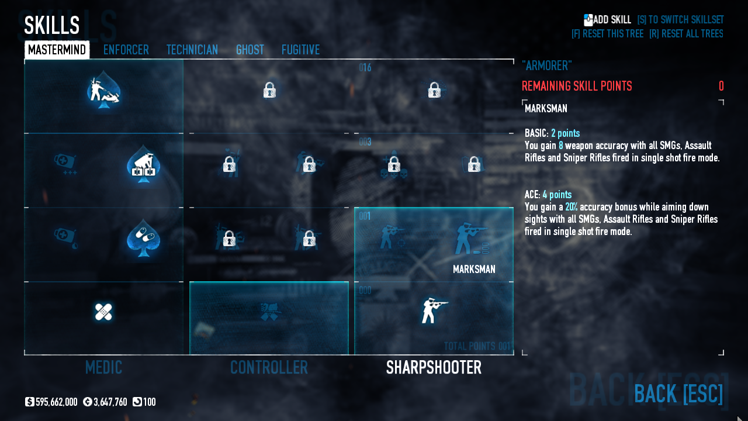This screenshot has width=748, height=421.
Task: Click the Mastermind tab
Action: coord(57,50)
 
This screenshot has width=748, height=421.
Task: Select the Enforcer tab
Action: coord(126,50)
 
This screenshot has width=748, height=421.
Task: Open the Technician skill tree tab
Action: coord(192,50)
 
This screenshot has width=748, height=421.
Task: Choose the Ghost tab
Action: coord(250,50)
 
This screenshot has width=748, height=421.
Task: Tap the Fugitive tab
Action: coord(300,50)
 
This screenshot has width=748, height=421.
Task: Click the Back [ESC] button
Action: coord(678,394)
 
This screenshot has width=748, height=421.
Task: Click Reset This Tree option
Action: coord(607,34)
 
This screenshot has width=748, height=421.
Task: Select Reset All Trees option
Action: coord(686,34)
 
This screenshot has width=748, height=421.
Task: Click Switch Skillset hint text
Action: coord(680,20)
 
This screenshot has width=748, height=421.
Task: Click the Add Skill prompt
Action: coord(607,20)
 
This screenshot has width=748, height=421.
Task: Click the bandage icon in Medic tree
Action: coord(103,312)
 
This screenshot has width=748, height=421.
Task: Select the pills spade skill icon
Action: coord(143,237)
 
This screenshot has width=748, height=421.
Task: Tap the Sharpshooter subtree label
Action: coord(434,367)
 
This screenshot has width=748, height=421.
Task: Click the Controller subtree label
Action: coord(269,367)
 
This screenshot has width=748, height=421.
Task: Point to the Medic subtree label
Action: coord(103,367)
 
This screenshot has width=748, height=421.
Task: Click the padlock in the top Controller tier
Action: coord(269,90)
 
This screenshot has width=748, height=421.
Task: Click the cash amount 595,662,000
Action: coord(56,402)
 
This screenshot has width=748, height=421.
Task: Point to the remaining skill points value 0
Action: coord(721,87)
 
